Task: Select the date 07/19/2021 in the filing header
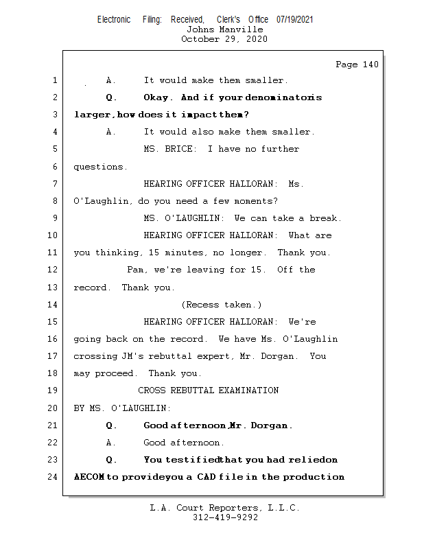click(x=295, y=20)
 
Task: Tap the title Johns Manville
click(x=224, y=30)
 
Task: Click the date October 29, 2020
click(x=224, y=39)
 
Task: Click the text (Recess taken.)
click(x=222, y=305)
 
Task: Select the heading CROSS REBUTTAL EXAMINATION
click(x=209, y=390)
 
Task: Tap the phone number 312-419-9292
click(x=225, y=517)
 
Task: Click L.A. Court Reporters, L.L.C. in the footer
click(x=224, y=508)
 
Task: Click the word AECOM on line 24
click(x=89, y=477)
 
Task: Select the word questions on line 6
click(x=100, y=167)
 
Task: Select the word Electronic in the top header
click(x=114, y=20)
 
